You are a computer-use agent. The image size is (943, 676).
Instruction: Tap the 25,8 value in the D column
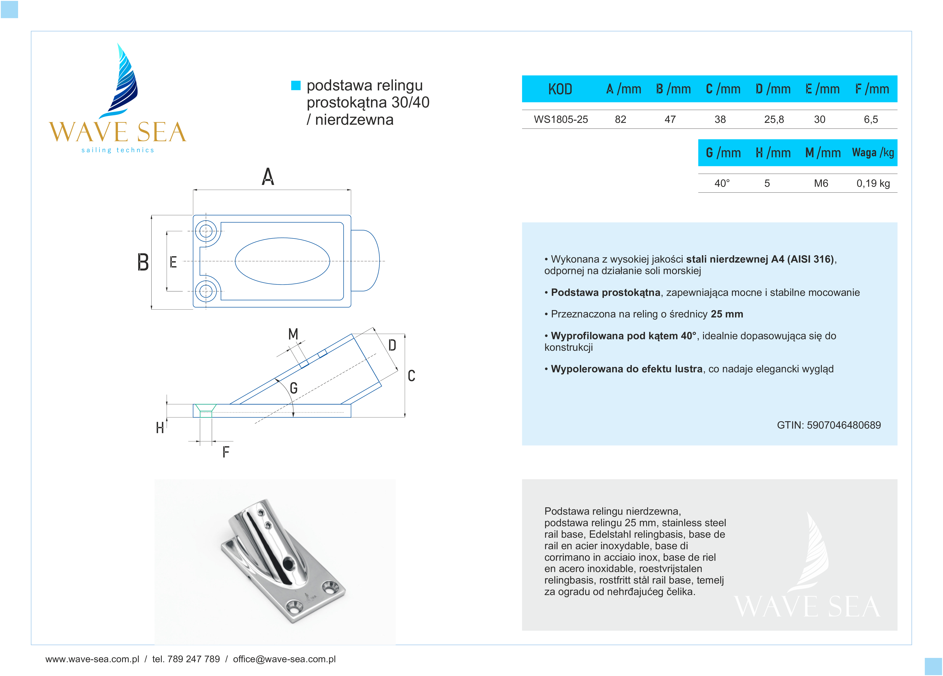774,120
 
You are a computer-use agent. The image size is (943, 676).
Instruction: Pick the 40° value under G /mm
722,183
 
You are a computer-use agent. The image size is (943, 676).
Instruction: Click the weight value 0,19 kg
873,183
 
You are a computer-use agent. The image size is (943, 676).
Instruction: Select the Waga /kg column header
873,153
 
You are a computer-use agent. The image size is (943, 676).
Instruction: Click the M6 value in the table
821,183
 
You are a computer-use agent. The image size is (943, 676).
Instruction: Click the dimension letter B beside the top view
143,262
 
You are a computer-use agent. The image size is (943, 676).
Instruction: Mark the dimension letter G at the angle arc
294,388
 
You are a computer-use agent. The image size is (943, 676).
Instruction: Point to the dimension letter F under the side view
226,452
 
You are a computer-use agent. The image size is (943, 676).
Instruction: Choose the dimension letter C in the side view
411,376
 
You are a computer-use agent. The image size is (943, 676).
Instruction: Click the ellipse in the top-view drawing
282,261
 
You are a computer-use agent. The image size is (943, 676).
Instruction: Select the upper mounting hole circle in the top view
206,231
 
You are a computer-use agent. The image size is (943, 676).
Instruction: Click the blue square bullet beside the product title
296,85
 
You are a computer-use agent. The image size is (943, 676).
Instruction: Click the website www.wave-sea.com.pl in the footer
92,659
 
